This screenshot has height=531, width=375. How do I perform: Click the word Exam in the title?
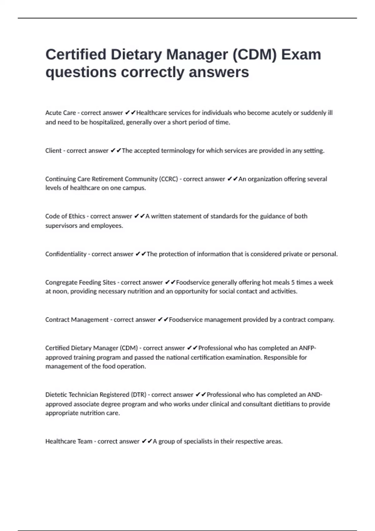[x=301, y=55]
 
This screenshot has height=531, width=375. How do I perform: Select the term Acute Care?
[x=60, y=113]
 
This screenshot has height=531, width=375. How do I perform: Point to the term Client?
[x=53, y=151]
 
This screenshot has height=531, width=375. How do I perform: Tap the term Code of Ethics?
[x=65, y=216]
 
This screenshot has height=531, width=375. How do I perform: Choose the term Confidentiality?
[x=66, y=254]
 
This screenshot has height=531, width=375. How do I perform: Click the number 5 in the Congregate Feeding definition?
[x=293, y=282]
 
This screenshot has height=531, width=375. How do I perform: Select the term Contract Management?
[x=77, y=320]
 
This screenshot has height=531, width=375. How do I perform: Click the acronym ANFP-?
[x=307, y=348]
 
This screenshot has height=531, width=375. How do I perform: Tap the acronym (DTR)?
[x=138, y=395]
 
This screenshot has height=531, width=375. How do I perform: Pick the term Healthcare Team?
[x=69, y=441]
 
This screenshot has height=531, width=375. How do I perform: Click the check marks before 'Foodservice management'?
[x=163, y=320]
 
